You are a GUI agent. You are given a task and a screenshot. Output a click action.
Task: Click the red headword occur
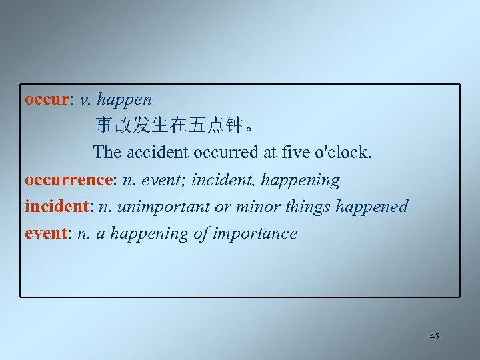click(x=46, y=100)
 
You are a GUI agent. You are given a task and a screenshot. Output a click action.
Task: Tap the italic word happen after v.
click(x=125, y=101)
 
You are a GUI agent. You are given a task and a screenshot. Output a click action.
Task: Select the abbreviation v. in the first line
click(x=85, y=100)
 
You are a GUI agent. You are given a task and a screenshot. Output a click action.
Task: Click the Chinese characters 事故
click(x=113, y=125)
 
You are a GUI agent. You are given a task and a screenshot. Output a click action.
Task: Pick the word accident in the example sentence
click(x=157, y=152)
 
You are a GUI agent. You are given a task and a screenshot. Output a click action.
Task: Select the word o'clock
click(x=347, y=152)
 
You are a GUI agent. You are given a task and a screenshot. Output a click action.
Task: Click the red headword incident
click(x=56, y=207)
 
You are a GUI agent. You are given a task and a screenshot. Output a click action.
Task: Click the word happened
click(x=372, y=207)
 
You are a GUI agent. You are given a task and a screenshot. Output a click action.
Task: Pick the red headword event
click(x=44, y=233)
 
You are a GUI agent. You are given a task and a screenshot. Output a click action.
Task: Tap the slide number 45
click(x=434, y=337)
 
